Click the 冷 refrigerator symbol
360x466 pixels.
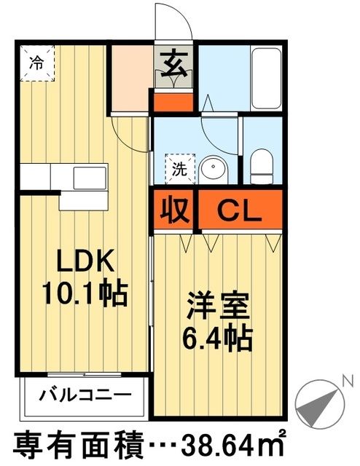click(36, 63)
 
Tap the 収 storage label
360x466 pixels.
click(173, 212)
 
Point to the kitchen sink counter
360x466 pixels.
click(62, 176)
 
